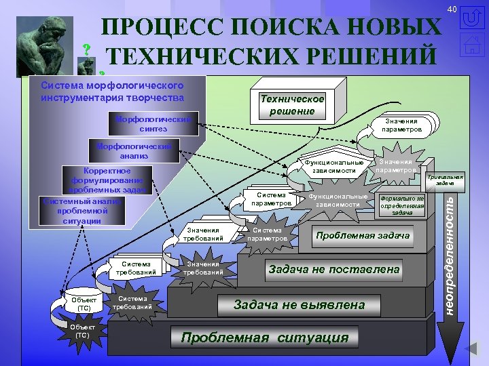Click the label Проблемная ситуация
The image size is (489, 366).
coord(264,338)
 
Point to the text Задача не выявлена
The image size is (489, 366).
coord(300,304)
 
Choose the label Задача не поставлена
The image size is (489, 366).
coord(334,269)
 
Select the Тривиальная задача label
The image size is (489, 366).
coord(444,180)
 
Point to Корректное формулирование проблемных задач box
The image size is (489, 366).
coord(102,180)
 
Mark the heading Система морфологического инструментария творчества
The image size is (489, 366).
coord(112,91)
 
